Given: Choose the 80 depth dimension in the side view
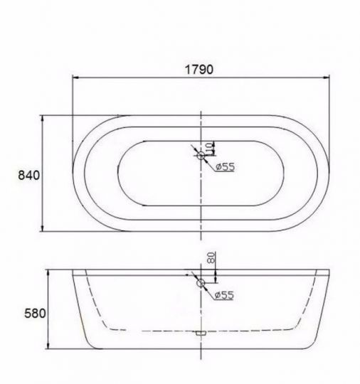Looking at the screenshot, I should [x=210, y=259].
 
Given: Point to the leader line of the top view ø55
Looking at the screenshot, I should [x=192, y=151].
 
